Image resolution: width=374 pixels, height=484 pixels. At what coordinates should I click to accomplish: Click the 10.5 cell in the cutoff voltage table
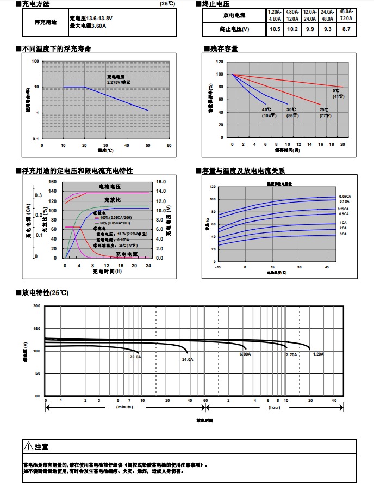275,29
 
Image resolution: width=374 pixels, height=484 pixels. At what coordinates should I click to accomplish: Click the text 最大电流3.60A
88,26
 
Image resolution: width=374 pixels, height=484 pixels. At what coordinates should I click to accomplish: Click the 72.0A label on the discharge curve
135,357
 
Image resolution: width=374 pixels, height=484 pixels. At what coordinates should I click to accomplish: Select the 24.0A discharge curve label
188,360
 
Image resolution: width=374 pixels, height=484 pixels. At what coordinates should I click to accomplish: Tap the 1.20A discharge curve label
318,354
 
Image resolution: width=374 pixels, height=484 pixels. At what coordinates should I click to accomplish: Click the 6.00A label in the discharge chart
245,354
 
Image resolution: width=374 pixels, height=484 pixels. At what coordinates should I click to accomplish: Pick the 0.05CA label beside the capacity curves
345,196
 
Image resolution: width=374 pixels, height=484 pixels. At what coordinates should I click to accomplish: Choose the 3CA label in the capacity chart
342,234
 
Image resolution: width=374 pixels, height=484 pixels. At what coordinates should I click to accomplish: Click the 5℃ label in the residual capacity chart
337,91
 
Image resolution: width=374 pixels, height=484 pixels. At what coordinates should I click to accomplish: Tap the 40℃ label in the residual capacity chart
266,110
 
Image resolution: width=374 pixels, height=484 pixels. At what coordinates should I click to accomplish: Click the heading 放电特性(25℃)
45,293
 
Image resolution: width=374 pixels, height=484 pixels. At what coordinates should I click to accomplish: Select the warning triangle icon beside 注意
29,446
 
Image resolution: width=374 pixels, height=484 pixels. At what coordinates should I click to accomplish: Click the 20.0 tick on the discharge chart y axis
36,306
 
